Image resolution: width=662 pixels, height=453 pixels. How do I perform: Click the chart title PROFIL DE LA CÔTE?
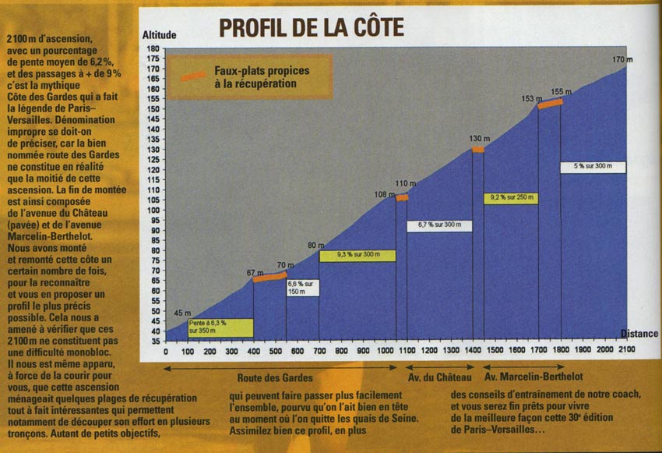[x=311, y=27]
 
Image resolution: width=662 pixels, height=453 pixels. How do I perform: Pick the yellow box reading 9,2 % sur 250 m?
[x=511, y=198]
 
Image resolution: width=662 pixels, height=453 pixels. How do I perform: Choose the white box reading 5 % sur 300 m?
[x=593, y=167]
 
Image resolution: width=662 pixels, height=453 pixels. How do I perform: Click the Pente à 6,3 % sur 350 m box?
[x=210, y=327]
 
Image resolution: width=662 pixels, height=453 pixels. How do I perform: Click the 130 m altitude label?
[x=479, y=139]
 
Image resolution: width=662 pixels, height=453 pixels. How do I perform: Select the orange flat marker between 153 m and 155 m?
[x=550, y=103]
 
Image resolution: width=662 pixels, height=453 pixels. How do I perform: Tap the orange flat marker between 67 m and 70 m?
[x=269, y=276]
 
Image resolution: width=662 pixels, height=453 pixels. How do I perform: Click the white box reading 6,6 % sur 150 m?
[x=303, y=287]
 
